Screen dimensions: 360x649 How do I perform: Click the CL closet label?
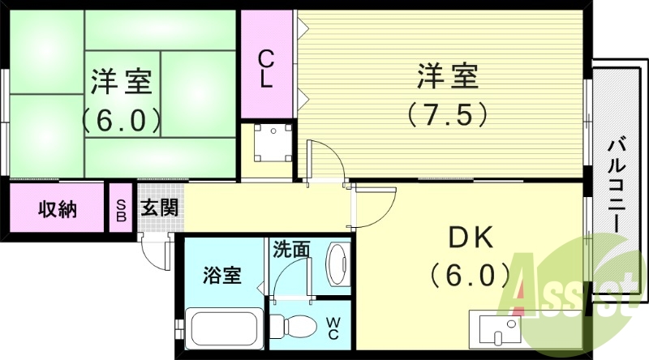[265, 69]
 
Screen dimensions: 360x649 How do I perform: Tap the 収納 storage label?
[58, 209]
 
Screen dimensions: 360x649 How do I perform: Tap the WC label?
[333, 328]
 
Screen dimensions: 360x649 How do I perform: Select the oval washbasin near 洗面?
[337, 263]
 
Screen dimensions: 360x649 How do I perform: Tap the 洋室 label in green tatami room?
[122, 82]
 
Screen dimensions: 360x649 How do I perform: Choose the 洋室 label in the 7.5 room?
[448, 78]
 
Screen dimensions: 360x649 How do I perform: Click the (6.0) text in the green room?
[122, 120]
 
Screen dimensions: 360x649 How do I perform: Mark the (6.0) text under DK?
[471, 274]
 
